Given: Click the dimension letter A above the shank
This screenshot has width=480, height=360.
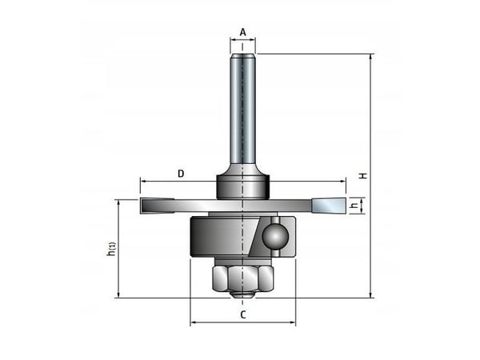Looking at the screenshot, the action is (242, 32).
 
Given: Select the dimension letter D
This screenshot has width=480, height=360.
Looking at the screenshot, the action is (181, 174).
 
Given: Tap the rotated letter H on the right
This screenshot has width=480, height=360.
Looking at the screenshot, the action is (363, 176).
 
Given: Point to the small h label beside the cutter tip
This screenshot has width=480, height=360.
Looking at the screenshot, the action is (354, 205).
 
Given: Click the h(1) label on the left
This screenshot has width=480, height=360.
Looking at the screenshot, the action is (112, 249).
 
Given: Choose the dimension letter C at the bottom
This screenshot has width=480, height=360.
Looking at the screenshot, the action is (242, 314).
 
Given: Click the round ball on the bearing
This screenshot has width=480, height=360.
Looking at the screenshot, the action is (275, 237).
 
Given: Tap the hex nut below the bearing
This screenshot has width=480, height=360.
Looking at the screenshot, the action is (242, 278).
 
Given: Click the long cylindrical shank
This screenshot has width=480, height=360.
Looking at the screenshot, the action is (242, 110).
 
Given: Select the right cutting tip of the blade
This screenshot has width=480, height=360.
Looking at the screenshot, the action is (329, 206).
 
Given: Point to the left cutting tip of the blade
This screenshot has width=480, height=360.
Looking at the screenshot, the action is (158, 206).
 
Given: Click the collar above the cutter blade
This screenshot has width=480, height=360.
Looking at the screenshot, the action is (242, 186).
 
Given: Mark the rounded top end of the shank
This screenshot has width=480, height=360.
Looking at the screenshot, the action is (242, 56).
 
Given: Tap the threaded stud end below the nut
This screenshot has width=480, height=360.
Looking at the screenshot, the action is (242, 294).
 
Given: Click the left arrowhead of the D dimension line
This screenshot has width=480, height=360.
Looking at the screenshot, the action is (143, 182).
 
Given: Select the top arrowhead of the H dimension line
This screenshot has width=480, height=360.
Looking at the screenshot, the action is (371, 57).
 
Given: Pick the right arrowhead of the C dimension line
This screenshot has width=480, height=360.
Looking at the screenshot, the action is (293, 322).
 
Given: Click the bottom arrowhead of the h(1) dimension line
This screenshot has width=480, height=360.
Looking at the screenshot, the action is (118, 294).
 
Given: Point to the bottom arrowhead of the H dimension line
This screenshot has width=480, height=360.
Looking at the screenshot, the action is (371, 294).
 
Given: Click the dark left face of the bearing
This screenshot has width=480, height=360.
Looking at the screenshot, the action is (222, 237).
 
